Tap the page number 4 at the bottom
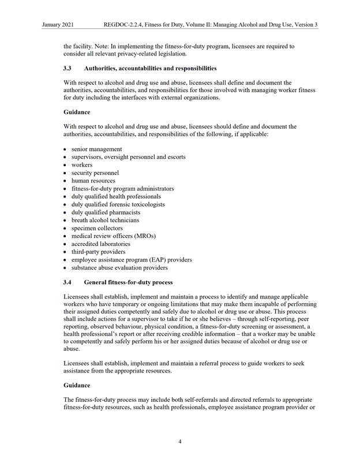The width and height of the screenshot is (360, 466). pyautogui.click(x=180, y=442)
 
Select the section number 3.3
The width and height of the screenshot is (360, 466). pyautogui.click(x=68, y=68)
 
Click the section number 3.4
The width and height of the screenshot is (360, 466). pyautogui.click(x=68, y=282)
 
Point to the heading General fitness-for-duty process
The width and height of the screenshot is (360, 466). pyautogui.click(x=128, y=282)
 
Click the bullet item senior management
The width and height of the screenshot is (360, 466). pyautogui.click(x=96, y=149)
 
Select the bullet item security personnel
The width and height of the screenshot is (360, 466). pyautogui.click(x=95, y=173)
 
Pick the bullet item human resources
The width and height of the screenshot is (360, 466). pyautogui.click(x=93, y=181)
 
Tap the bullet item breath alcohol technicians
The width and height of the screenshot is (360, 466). pyautogui.click(x=105, y=220)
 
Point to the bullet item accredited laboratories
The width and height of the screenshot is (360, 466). pyautogui.click(x=101, y=244)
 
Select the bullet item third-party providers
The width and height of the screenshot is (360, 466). pyautogui.click(x=98, y=252)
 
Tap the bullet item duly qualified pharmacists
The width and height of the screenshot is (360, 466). pyautogui.click(x=105, y=213)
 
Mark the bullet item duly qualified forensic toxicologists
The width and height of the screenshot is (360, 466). pyautogui.click(x=118, y=204)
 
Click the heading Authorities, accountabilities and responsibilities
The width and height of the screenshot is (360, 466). pyautogui.click(x=151, y=68)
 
